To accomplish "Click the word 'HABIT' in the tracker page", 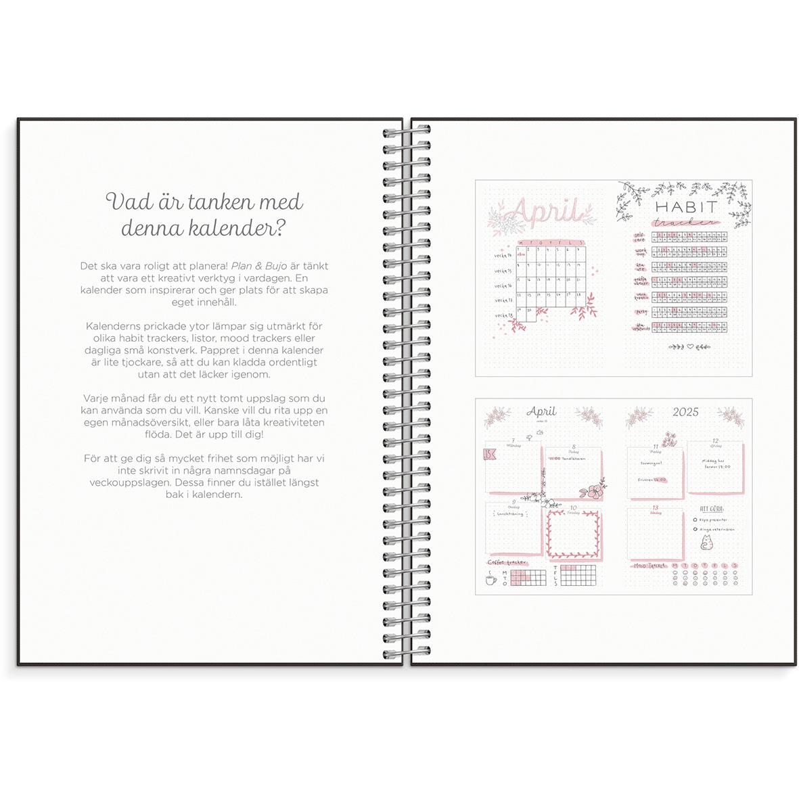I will click(685, 206).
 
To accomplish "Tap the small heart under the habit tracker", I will click(690, 346).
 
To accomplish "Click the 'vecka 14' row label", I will click(503, 256).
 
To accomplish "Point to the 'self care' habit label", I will click(639, 237).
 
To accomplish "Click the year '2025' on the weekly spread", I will click(685, 411).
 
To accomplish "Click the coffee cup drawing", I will click(490, 579).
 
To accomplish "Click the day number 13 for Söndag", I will click(654, 507).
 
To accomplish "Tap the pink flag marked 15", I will click(488, 453).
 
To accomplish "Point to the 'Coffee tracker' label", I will click(507, 562).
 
